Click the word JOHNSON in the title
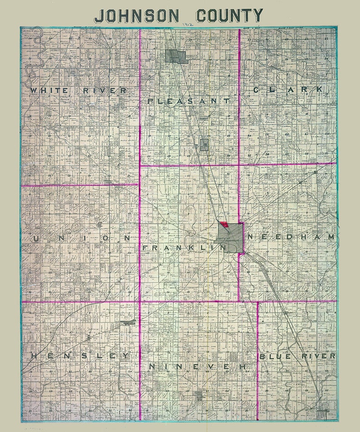(x=136, y=16)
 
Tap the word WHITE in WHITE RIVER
(x=49, y=90)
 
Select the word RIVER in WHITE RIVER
(x=105, y=90)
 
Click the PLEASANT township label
(x=189, y=101)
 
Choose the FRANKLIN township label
(x=184, y=248)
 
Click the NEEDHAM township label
(x=291, y=237)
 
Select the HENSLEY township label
(x=79, y=356)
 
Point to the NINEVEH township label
(x=198, y=366)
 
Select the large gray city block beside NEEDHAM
(x=231, y=238)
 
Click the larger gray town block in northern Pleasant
(x=176, y=57)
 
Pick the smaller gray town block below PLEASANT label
(x=204, y=145)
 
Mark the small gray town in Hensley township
(x=128, y=322)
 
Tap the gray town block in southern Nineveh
(x=199, y=396)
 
